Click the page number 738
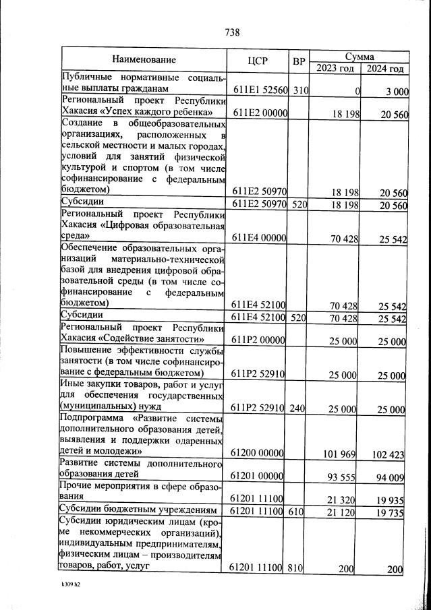233,32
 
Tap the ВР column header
299,61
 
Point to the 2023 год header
335,68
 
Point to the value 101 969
339,452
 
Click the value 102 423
388,454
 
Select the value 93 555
341,477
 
